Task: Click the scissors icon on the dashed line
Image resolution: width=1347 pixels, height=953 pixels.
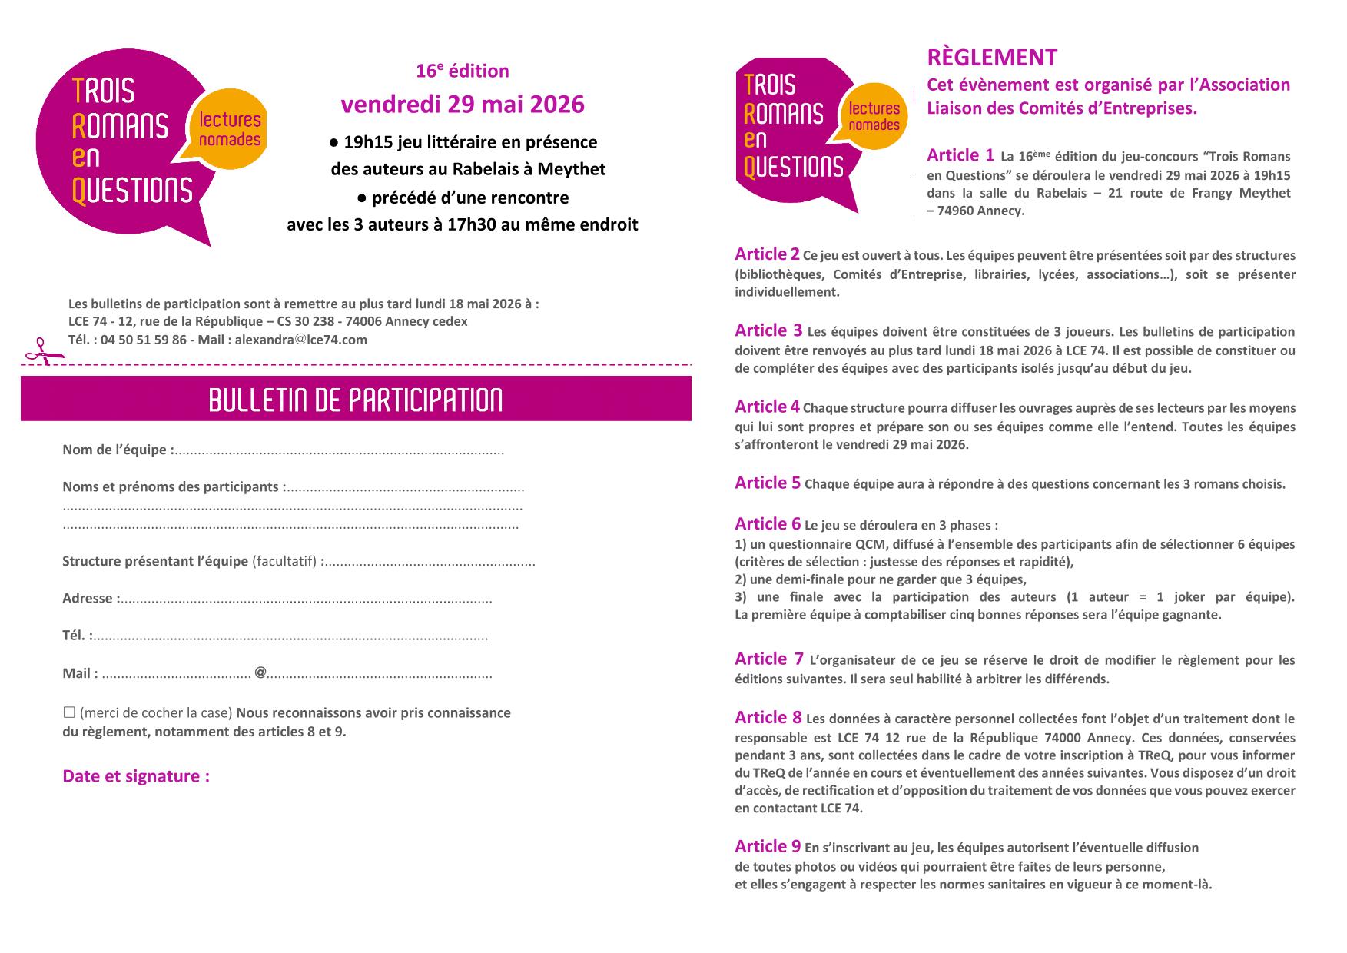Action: (36, 351)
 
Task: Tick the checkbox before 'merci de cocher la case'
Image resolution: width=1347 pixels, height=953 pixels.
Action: (69, 712)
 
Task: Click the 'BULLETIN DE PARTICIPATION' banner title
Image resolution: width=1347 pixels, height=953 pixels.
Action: (356, 400)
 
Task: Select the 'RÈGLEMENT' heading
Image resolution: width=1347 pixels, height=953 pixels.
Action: (992, 58)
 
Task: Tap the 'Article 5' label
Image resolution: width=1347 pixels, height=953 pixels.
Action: (767, 483)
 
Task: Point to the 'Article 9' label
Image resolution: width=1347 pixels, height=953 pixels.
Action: (767, 846)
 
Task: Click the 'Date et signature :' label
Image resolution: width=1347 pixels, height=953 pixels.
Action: (136, 775)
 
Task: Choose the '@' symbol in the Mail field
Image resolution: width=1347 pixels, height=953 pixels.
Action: (260, 672)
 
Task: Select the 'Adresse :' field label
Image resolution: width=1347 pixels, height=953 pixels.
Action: (91, 598)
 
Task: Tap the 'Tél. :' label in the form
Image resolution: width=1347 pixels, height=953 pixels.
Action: (78, 636)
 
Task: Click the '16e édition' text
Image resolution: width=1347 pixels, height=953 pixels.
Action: (462, 71)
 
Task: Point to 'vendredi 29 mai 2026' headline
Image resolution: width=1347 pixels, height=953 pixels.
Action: (462, 104)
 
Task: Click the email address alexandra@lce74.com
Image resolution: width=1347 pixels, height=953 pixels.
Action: (300, 340)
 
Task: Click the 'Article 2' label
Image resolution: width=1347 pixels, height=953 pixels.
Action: (767, 254)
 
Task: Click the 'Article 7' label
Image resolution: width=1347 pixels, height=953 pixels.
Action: (768, 659)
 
